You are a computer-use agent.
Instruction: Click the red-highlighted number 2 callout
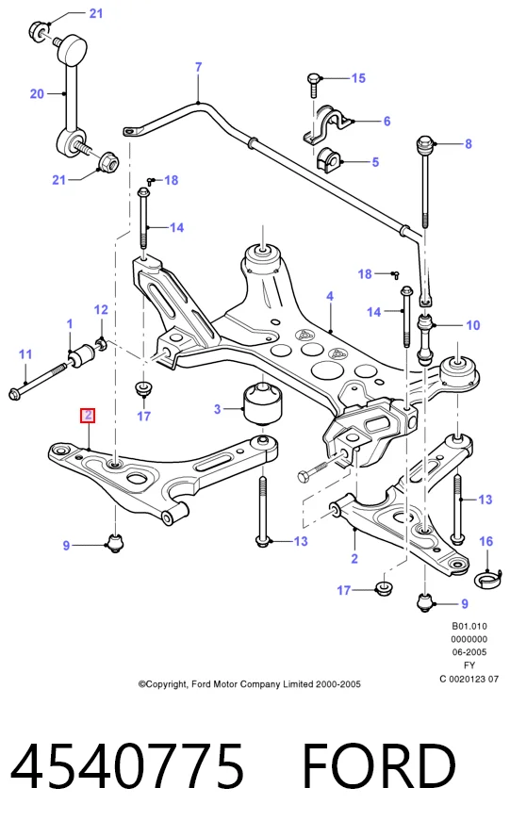[88, 416]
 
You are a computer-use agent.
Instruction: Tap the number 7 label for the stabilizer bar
[199, 67]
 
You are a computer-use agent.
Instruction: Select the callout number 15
[358, 78]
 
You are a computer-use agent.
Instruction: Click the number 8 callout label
[469, 143]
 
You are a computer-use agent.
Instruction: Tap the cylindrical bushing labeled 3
[263, 402]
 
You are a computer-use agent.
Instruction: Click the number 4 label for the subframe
[330, 296]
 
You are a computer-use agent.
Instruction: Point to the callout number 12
[101, 309]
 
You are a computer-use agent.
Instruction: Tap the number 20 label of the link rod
[37, 94]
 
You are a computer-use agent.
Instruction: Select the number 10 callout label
[473, 325]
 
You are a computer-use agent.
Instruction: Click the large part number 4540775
[127, 766]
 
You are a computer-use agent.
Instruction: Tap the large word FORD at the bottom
[379, 766]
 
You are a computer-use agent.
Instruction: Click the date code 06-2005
[469, 651]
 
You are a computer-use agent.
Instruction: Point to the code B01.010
[469, 626]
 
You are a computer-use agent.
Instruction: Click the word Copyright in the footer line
[163, 684]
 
